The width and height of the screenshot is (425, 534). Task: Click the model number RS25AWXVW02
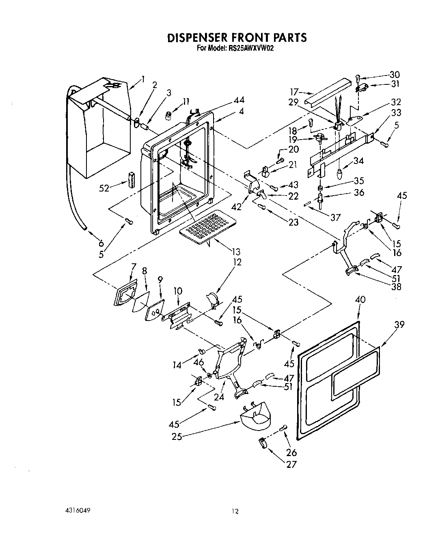click(x=247, y=48)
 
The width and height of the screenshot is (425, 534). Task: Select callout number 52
click(x=105, y=188)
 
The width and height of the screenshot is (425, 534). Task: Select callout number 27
click(x=291, y=465)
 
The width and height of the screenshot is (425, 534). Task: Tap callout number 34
click(x=358, y=161)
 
